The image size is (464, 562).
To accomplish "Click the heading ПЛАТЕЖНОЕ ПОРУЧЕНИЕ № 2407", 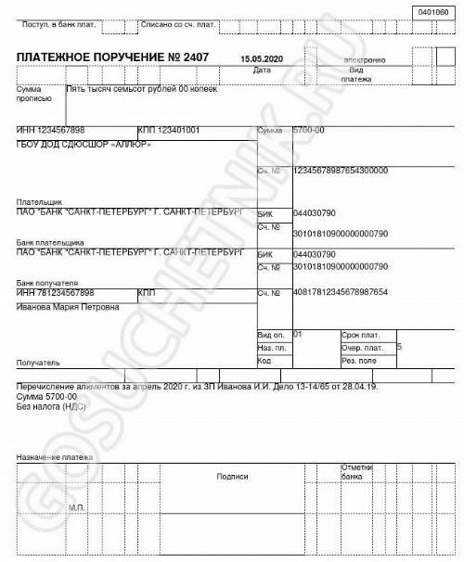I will pos(113,57).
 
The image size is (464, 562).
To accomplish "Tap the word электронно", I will pos(364,60).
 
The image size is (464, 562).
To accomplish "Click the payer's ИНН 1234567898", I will pos(51,130).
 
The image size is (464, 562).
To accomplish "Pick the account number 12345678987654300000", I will pos(340,171).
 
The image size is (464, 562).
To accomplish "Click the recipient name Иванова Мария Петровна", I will pos(68,306).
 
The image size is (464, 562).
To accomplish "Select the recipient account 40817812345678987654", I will pos(340,293).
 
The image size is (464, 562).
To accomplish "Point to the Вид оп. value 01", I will pos(298,332).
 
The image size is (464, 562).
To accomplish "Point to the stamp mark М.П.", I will pos(77,507).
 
